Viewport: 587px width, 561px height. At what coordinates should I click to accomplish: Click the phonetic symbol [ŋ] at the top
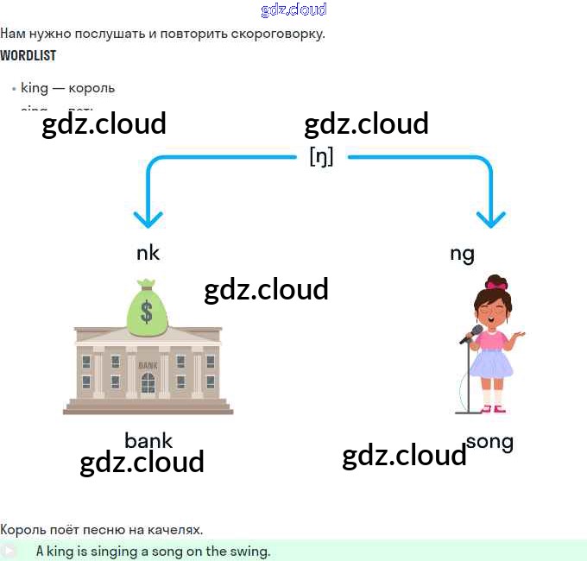coord(321,156)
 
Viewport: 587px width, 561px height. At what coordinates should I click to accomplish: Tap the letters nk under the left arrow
coord(148,253)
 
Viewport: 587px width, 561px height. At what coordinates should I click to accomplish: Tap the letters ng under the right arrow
coord(462,254)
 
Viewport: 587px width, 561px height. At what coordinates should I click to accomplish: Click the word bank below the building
coord(148,440)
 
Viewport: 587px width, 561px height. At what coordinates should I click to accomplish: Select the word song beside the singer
coord(489,442)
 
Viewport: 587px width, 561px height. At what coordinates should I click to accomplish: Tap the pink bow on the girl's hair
coord(496,283)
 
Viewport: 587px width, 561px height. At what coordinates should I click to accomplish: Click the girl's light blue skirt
coord(491,362)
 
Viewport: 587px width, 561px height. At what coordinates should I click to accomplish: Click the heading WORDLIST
coord(28,55)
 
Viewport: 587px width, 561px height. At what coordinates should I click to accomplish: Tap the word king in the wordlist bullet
coord(35,88)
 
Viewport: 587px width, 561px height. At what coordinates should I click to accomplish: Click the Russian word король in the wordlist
coord(92,88)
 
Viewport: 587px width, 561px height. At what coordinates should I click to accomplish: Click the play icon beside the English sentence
coord(9,551)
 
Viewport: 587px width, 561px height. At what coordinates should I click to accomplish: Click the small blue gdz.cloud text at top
coord(293,9)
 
